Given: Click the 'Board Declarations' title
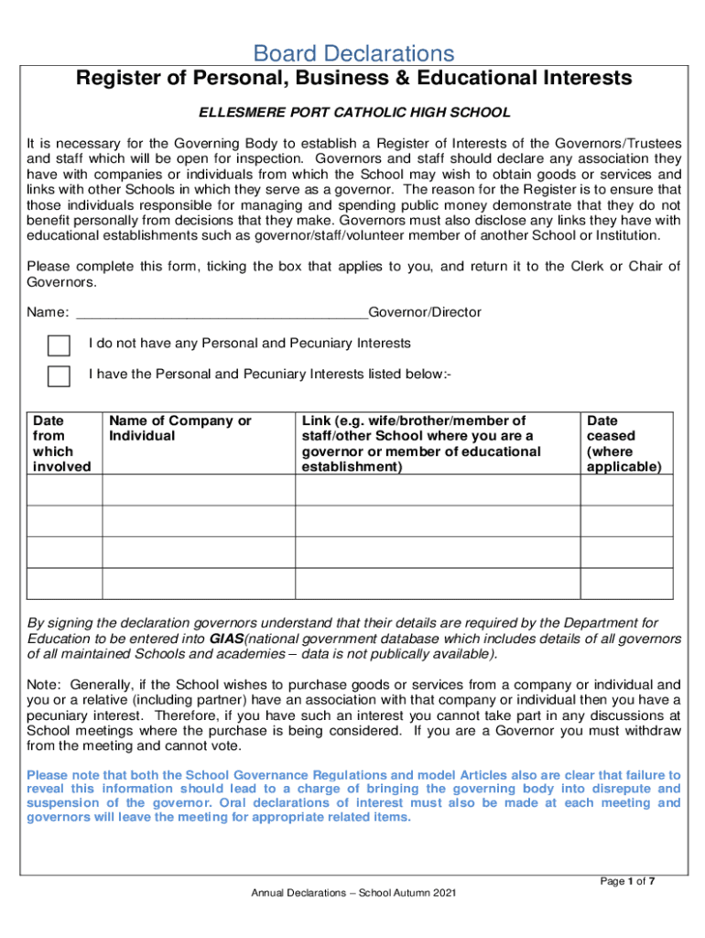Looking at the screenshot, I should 353,53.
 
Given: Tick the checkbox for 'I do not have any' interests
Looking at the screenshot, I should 59,345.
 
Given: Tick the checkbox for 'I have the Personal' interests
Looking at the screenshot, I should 59,376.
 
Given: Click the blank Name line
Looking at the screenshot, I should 220,312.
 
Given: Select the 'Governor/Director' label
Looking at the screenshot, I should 424,312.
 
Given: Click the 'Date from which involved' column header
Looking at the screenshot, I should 62,443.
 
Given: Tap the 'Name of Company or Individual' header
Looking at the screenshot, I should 179,429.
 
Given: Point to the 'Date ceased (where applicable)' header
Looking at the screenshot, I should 623,443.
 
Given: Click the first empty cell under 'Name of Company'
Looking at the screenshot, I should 198,490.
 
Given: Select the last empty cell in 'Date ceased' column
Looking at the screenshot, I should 623,583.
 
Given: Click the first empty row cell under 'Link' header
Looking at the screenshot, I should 437,490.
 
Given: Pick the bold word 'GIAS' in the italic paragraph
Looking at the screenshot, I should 226,638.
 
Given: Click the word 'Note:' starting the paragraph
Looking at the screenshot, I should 44,684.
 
